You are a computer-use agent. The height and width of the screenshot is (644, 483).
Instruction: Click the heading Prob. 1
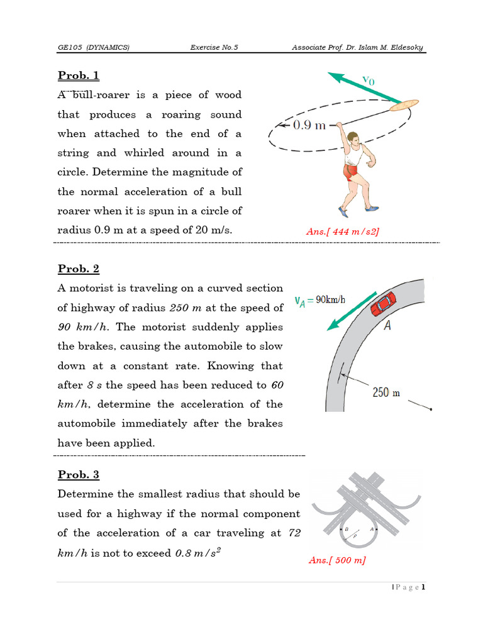(79, 76)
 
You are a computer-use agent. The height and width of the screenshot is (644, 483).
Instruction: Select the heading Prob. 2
(79, 269)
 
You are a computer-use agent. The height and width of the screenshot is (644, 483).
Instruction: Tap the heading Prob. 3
(79, 475)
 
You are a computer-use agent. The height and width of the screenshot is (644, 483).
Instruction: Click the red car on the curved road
(382, 304)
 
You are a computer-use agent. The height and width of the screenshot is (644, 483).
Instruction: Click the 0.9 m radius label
(309, 125)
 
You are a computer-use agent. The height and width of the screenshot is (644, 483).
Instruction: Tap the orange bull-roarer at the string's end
(403, 104)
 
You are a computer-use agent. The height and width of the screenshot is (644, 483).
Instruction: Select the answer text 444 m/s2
(343, 231)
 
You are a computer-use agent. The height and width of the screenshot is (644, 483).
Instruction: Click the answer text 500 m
(337, 560)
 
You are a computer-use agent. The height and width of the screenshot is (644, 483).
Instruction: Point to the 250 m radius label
(386, 393)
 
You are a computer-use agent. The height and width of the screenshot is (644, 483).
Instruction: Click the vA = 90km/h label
(320, 300)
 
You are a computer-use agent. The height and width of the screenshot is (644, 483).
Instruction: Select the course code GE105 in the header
(70, 48)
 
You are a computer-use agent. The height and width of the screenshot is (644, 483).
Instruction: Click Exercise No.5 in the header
(214, 48)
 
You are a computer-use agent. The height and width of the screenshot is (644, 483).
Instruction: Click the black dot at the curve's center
(431, 410)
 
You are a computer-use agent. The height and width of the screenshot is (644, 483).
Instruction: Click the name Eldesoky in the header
(406, 48)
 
